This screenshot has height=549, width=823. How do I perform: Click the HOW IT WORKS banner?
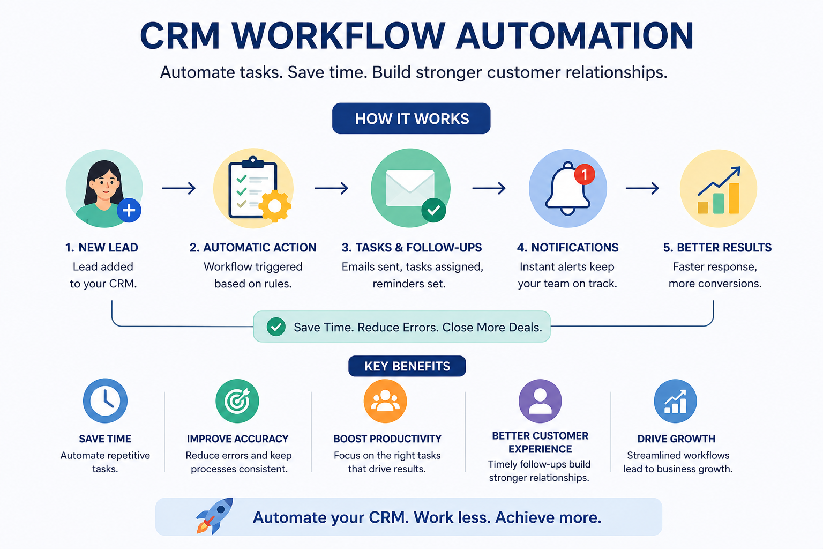pyautogui.click(x=411, y=118)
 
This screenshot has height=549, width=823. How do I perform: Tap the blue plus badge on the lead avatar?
pyautogui.click(x=129, y=210)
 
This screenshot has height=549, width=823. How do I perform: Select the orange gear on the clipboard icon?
pyautogui.click(x=275, y=206)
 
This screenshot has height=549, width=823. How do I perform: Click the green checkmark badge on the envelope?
pyautogui.click(x=433, y=210)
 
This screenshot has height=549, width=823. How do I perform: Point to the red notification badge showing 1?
pyautogui.click(x=585, y=174)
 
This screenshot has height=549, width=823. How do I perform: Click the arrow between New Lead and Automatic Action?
pyautogui.click(x=178, y=188)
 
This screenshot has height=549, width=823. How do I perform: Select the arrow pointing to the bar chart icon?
pyautogui.click(x=642, y=188)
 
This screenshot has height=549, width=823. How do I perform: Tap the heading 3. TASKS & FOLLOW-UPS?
pyautogui.click(x=411, y=248)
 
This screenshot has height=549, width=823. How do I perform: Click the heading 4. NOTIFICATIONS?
pyautogui.click(x=567, y=248)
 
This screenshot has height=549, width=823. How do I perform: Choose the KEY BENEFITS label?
pyautogui.click(x=407, y=366)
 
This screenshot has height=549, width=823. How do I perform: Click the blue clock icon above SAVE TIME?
pyautogui.click(x=105, y=400)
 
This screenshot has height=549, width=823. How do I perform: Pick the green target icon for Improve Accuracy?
pyautogui.click(x=237, y=401)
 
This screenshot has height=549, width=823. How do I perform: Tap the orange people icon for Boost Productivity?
pyautogui.click(x=385, y=401)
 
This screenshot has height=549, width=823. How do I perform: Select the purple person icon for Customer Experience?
pyautogui.click(x=540, y=401)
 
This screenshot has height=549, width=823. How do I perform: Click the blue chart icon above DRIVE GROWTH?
pyautogui.click(x=675, y=401)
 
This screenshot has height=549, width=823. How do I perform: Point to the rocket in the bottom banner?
pyautogui.click(x=215, y=516)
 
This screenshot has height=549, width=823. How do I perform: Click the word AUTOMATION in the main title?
pyautogui.click(x=574, y=36)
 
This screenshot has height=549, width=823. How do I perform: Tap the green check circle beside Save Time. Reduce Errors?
pyautogui.click(x=276, y=327)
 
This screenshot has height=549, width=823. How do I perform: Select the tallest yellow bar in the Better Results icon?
pyautogui.click(x=734, y=198)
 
